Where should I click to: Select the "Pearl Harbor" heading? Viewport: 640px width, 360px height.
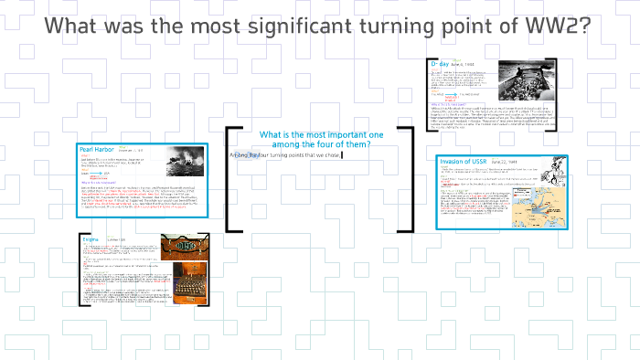[x=97, y=149]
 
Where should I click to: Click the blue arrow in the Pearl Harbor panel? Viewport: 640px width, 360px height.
[x=94, y=174]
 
